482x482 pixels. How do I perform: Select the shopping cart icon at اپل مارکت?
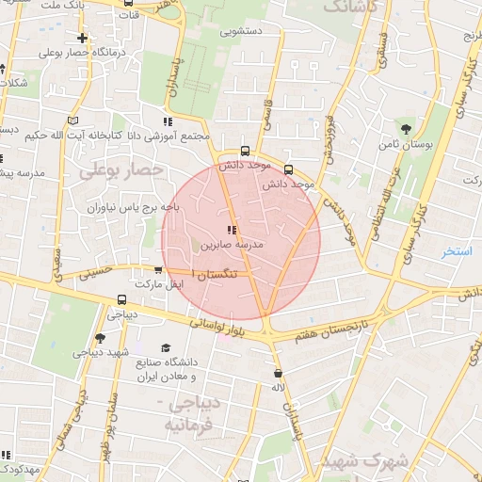tap(158, 270)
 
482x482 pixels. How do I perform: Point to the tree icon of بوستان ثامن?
tap(406, 129)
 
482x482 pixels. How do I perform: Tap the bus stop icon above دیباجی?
tap(121, 301)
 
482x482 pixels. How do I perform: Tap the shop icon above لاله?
tap(277, 373)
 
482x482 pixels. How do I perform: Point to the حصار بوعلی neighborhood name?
tap(121, 170)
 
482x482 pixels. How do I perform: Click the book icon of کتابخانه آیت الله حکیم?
tap(73, 120)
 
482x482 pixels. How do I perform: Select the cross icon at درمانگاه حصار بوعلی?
tap(84, 39)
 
